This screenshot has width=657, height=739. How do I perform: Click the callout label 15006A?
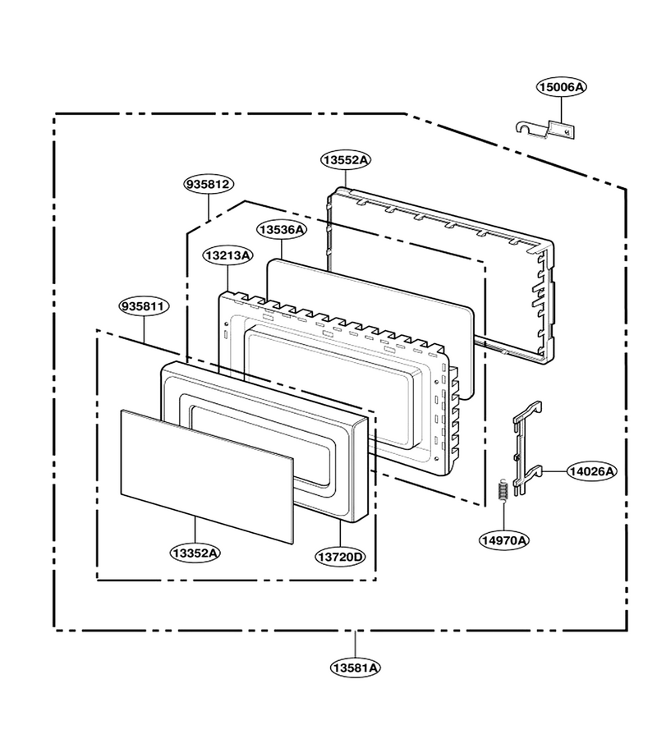pos(562,87)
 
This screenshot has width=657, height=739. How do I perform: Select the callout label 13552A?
pos(346,160)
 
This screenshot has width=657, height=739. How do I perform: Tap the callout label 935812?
pos(209,184)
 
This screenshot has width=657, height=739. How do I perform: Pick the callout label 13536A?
pos(282,230)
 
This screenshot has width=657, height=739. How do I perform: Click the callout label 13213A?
pos(228,255)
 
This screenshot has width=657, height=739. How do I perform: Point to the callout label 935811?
pos(144,307)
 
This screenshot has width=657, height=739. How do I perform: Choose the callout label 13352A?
pos(195,553)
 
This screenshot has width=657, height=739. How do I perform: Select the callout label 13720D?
pos(340,557)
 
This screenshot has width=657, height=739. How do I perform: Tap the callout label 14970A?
pos(503,540)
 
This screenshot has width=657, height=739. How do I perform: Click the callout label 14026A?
pos(591,470)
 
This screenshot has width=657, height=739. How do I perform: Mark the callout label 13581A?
pos(356,668)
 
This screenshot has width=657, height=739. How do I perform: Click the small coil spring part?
pos(503,491)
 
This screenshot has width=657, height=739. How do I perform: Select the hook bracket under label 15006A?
pos(545,129)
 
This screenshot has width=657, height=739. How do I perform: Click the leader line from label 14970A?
pos(503,516)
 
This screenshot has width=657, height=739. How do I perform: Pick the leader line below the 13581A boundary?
pos(356,644)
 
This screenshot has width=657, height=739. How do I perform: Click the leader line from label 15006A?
pos(562,108)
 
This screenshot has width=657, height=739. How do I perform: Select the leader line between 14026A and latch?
pos(554,470)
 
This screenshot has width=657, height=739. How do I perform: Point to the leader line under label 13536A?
pos(282,250)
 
